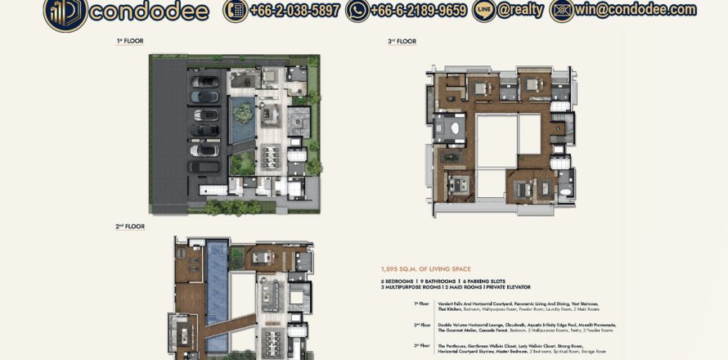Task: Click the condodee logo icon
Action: [65, 13]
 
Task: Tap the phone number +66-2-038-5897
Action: [285, 11]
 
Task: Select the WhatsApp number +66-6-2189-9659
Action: [418, 11]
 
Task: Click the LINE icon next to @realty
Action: [483, 11]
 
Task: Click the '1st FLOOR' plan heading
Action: [130, 40]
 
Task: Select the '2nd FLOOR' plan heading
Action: [130, 226]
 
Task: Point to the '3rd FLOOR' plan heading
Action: [402, 41]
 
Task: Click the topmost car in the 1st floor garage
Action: [204, 82]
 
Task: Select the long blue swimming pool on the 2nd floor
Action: [218, 290]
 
